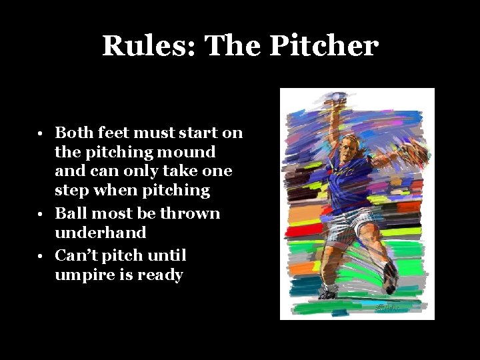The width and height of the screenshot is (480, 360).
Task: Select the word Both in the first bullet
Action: click(73, 133)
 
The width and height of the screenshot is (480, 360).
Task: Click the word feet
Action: click(115, 133)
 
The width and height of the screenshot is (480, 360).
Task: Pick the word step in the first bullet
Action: click(73, 191)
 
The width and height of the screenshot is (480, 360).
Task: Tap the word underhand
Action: click(100, 233)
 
